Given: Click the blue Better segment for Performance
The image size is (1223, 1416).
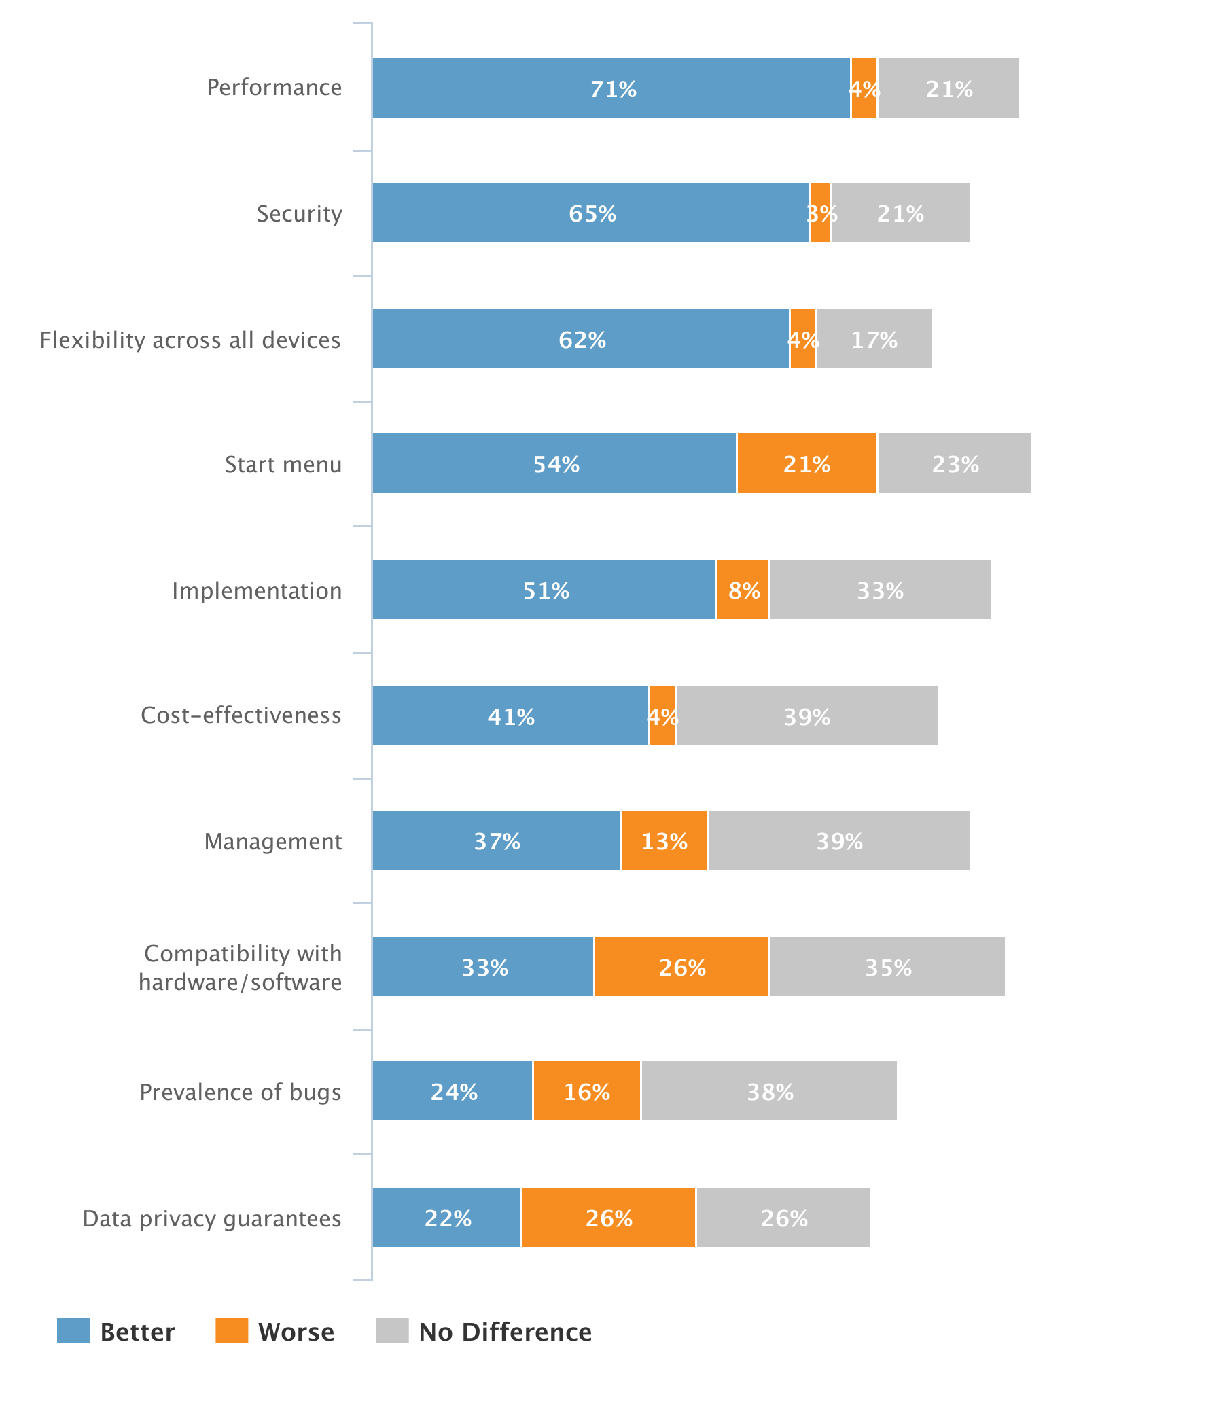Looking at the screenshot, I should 611,88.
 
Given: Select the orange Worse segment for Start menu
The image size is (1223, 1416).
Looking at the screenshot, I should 807,463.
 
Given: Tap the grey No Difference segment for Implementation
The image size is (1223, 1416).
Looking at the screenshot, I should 879,589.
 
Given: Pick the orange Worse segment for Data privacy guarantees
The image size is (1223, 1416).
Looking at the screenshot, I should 607,1217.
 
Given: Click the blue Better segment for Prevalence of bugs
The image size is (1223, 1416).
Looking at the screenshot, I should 452,1091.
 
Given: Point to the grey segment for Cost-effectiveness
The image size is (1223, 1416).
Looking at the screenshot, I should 807,715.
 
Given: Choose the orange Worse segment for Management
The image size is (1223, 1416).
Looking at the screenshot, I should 663,840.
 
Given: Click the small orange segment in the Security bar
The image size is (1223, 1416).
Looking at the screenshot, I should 819,213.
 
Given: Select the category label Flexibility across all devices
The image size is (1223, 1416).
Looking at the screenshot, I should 190,340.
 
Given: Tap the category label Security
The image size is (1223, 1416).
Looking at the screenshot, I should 298,213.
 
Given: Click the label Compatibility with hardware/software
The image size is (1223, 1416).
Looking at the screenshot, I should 240,967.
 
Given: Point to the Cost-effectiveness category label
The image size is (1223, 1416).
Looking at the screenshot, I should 241,715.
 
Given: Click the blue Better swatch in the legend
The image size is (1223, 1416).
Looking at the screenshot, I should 73,1330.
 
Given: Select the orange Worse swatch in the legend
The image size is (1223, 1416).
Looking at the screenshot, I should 232,1330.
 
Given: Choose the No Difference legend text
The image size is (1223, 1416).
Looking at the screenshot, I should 505,1332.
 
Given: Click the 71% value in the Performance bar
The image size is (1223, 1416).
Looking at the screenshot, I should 613,89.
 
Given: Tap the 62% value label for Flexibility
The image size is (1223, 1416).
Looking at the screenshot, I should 582,340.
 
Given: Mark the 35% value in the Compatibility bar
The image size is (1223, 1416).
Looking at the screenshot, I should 887,968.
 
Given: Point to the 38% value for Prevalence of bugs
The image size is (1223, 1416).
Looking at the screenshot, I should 769,1092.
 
